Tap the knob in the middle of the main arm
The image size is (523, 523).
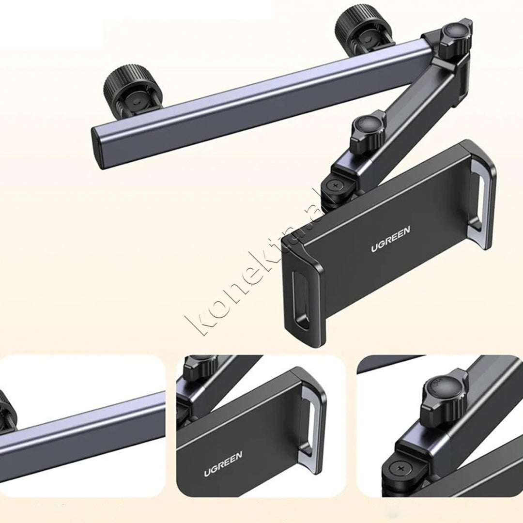[366, 132]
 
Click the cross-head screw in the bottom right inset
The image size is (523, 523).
[399, 472]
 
